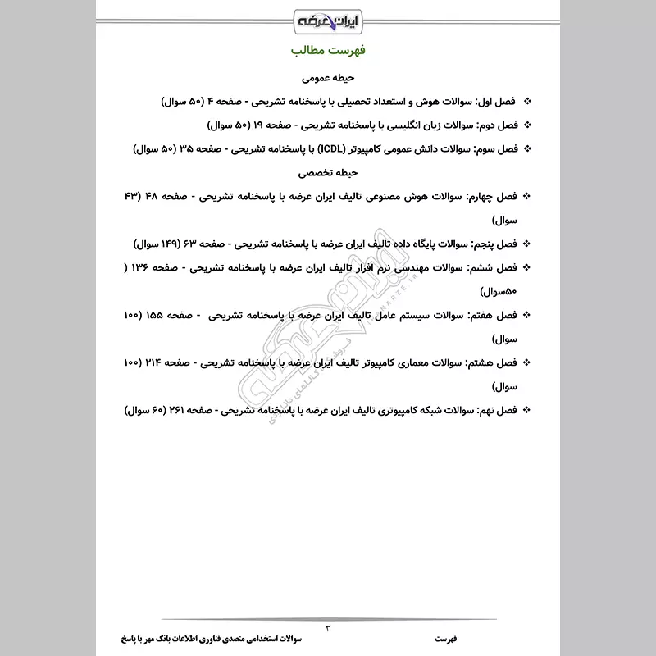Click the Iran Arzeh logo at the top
pos(328,19)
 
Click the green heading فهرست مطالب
pos(328,53)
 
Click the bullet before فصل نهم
pos(526,408)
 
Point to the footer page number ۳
pos(328,628)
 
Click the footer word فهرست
pos(449,637)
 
